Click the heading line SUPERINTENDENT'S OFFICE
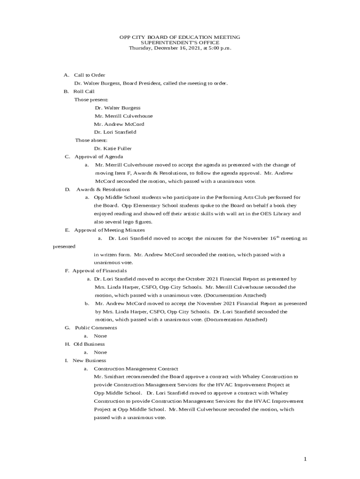[x=180, y=43]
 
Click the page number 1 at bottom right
[x=305, y=459]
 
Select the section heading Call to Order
[x=89, y=75]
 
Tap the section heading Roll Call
[x=84, y=91]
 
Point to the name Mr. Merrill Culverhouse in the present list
[x=123, y=116]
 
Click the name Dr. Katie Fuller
[x=113, y=149]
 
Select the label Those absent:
[x=91, y=140]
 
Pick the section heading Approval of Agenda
[x=99, y=157]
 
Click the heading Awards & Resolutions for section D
[x=103, y=189]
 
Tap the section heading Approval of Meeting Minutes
[x=109, y=230]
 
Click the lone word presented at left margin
[x=64, y=247]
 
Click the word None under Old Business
[x=100, y=352]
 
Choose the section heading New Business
[x=89, y=361]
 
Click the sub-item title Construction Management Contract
[x=136, y=369]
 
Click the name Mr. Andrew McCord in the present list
[x=119, y=124]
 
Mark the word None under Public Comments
[x=100, y=336]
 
